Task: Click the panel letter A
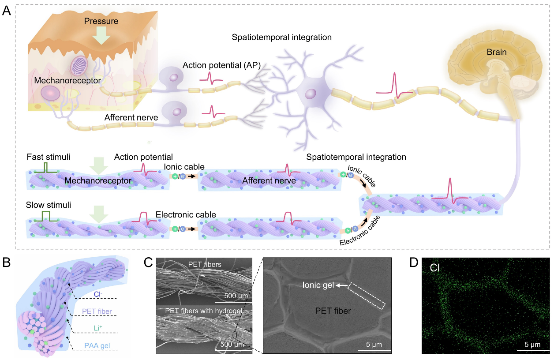(7, 11)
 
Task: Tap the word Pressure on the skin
(102, 21)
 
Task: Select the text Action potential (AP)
(222, 65)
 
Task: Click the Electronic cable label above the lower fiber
(186, 215)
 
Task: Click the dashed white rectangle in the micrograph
(367, 294)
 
